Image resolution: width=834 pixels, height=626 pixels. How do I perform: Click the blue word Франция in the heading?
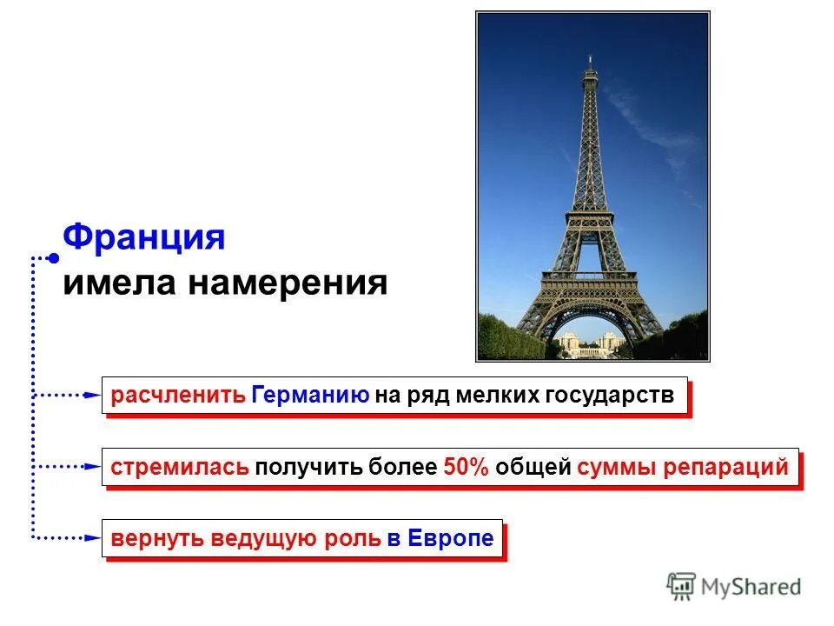[x=144, y=237]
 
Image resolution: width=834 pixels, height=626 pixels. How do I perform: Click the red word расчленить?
[x=177, y=396]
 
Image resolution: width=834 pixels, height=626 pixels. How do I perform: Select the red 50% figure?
[x=467, y=467]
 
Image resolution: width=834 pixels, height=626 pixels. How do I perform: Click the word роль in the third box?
[x=352, y=538]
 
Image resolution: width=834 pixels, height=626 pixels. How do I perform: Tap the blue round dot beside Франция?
[x=54, y=258]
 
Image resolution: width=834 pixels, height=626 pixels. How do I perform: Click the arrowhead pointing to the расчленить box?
[x=94, y=396]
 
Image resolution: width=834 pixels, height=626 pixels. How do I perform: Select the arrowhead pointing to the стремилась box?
[x=94, y=467]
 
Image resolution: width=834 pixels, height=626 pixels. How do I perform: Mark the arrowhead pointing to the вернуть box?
[x=94, y=538]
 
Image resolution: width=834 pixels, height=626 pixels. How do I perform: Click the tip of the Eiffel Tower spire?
[x=590, y=57]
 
